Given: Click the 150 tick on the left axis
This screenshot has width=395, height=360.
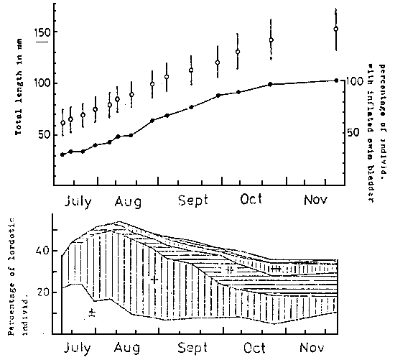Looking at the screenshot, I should [x=43, y=32].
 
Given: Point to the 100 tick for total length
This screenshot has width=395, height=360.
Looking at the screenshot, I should [x=43, y=83].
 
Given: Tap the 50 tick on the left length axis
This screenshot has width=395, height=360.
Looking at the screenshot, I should [x=43, y=134].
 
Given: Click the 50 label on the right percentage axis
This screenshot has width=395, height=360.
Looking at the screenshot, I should [x=355, y=132].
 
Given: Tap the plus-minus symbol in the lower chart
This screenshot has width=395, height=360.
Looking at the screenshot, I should [x=91, y=312].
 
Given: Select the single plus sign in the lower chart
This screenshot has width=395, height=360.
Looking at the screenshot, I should [x=154, y=279].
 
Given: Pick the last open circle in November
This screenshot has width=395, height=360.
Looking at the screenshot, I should [x=335, y=29].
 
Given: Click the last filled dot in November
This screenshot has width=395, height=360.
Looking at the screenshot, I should [x=335, y=80].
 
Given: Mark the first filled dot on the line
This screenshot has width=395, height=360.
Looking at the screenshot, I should [x=62, y=154].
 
